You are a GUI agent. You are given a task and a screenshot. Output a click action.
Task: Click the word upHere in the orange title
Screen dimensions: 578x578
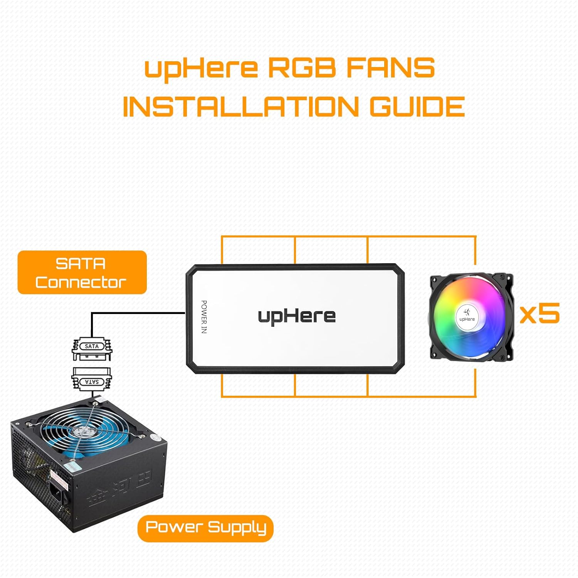[201, 69]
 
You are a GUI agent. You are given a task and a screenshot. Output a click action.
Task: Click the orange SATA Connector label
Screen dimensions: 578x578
[82, 272]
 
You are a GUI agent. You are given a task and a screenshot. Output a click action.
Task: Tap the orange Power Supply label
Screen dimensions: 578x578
[205, 528]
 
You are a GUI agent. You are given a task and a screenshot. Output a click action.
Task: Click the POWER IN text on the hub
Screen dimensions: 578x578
[204, 317]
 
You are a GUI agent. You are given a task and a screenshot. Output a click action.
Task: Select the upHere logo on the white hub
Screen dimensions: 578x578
[297, 316]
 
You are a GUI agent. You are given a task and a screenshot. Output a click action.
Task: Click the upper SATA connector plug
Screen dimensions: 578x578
[92, 349]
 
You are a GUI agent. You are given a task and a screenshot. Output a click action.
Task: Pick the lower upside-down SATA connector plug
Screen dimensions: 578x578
[92, 380]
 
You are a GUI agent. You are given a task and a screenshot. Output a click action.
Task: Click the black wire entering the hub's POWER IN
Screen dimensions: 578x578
[139, 313]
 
